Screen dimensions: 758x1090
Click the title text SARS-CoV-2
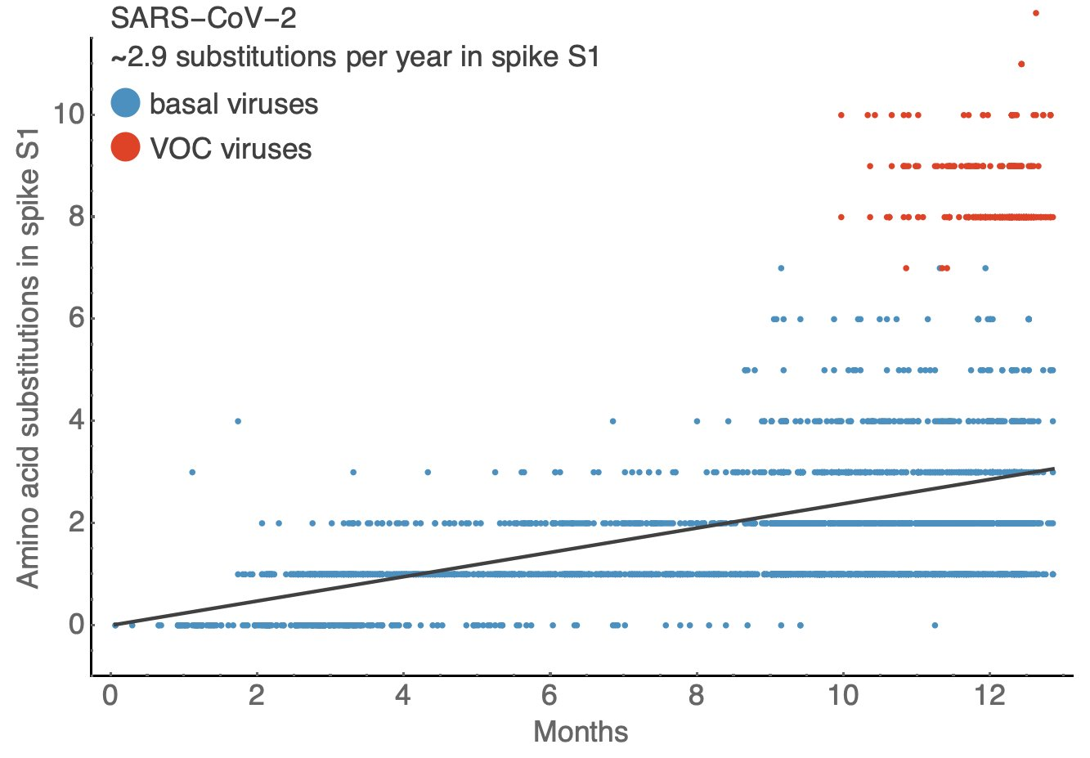[204, 18]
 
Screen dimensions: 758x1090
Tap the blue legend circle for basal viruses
[125, 104]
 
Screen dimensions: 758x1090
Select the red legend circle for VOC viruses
[125, 147]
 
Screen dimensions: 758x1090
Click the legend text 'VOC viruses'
[231, 149]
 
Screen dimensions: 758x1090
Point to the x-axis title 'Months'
[581, 731]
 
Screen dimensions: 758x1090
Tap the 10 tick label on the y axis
[69, 114]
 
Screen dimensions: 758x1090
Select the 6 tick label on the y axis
[76, 319]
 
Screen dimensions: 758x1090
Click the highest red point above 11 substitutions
[1036, 13]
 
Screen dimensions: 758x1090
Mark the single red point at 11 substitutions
[1021, 64]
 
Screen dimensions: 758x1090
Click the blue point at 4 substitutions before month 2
[238, 421]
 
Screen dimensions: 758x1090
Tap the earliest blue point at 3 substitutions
[192, 472]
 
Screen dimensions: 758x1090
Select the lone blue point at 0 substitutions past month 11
[935, 626]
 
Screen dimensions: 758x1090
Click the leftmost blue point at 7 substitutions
[781, 268]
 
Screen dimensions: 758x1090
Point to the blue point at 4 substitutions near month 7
[612, 421]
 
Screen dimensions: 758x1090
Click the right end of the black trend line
[1053, 469]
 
